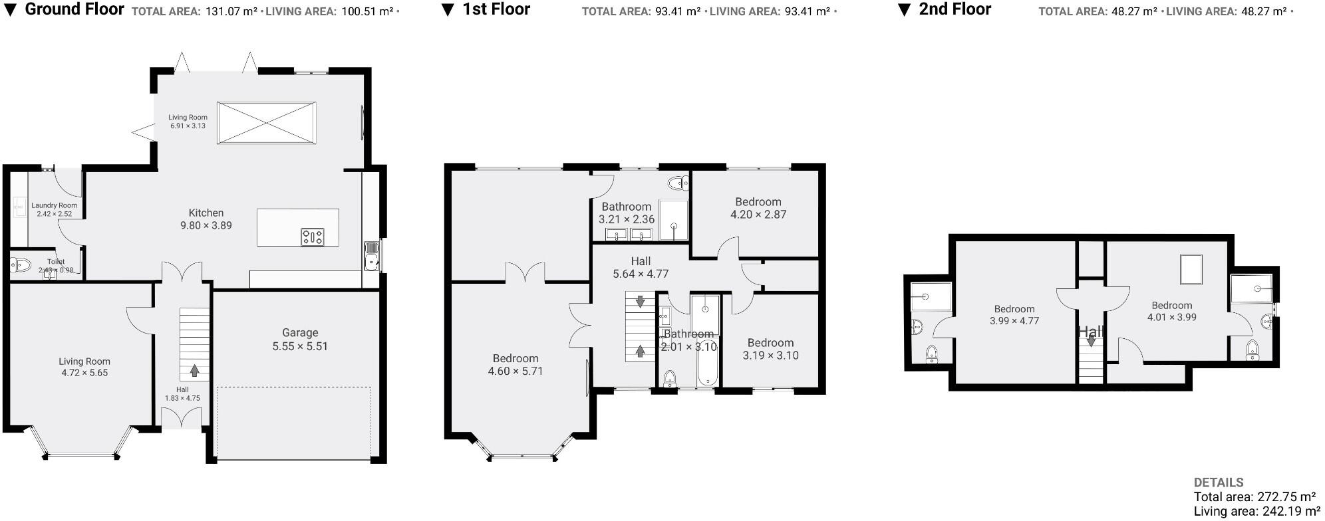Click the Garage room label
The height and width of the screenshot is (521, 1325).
click(x=300, y=333)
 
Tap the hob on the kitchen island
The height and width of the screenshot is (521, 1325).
click(x=313, y=237)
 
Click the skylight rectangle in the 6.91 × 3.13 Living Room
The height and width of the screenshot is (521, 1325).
click(x=267, y=122)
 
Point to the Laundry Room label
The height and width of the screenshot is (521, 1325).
click(x=55, y=205)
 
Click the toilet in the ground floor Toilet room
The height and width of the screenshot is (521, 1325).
click(x=21, y=265)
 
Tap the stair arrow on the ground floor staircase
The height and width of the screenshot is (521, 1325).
click(x=195, y=369)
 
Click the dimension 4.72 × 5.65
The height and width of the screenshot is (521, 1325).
click(x=84, y=373)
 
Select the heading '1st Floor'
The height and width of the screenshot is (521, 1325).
click(x=496, y=9)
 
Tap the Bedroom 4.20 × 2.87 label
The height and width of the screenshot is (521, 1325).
click(x=758, y=201)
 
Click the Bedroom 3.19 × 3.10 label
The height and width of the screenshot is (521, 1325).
click(x=770, y=343)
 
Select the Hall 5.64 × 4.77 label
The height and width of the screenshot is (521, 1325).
click(x=641, y=261)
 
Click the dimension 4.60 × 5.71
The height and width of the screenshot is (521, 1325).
click(x=515, y=371)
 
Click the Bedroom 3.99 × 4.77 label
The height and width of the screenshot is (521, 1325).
click(x=1014, y=309)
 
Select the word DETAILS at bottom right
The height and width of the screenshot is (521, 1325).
click(x=1219, y=482)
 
